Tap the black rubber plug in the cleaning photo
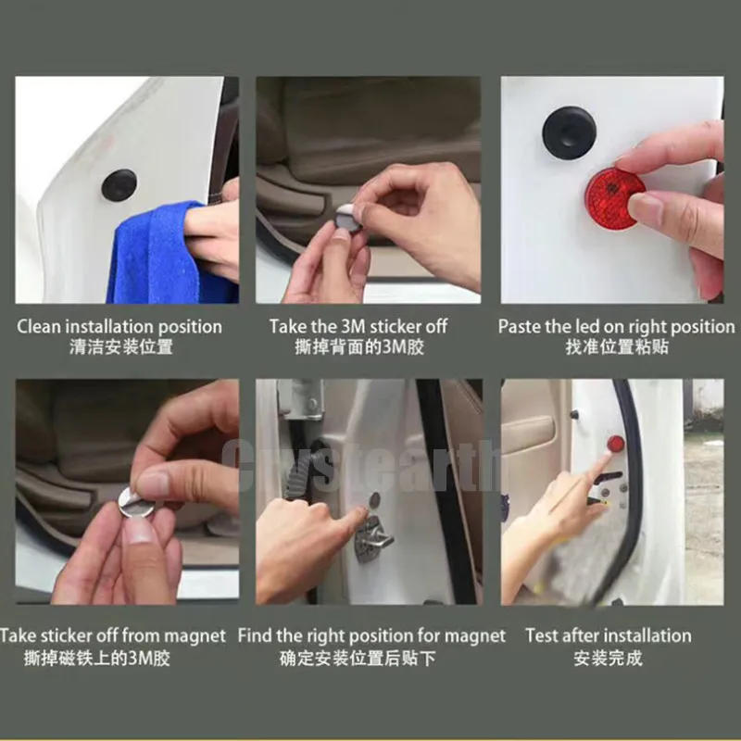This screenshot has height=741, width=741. coord(119,183)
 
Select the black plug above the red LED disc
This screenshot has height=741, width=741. coord(569,132)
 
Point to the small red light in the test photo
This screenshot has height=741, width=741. coord(615,445)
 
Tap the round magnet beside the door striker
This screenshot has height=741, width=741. coord(374,499)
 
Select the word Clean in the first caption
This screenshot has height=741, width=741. coord(39,327)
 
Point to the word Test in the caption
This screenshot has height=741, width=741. coord(542,635)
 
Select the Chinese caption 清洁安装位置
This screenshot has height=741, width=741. coord(121,347)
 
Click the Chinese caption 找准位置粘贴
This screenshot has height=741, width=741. coord(617,347)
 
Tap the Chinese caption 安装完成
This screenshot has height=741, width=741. coord(609,658)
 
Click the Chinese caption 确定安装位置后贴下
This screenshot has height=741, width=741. coord(358,658)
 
